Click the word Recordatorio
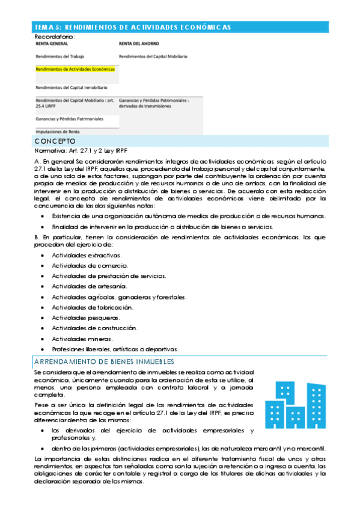(54, 37)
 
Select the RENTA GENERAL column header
(52, 44)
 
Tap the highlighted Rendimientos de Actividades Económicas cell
(75, 69)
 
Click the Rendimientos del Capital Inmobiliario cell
(72, 87)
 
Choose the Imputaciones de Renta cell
(58, 131)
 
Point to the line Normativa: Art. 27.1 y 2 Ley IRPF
(81, 150)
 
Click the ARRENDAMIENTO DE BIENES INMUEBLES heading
(105, 362)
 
